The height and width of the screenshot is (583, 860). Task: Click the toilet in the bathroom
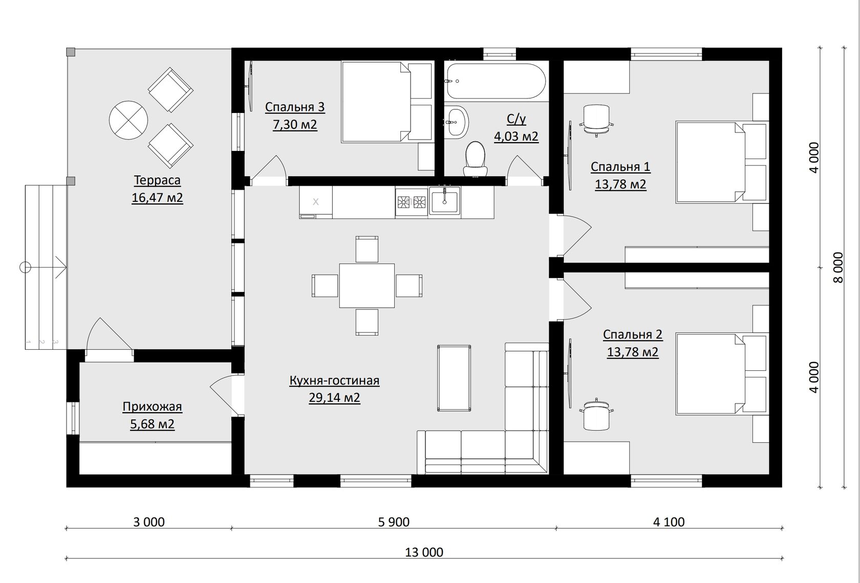tap(476, 159)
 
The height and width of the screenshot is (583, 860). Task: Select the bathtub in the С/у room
tap(496, 81)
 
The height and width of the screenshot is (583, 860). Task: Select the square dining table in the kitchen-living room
tap(367, 285)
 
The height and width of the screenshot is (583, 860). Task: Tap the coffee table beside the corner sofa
tap(454, 378)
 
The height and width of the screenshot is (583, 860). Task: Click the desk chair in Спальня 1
tap(596, 120)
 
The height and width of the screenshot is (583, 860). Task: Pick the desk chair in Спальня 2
tap(596, 415)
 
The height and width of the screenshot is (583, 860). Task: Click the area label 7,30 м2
tap(295, 125)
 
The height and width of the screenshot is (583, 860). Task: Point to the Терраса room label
tap(157, 180)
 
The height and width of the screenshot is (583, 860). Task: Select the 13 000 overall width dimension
tap(424, 552)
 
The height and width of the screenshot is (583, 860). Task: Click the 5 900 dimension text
tap(394, 522)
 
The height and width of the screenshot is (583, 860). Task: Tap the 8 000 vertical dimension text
tap(838, 267)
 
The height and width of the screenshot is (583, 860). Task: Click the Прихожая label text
tap(153, 407)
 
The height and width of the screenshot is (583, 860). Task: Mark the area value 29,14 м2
tap(334, 398)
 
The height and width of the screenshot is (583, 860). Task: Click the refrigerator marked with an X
tap(315, 202)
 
